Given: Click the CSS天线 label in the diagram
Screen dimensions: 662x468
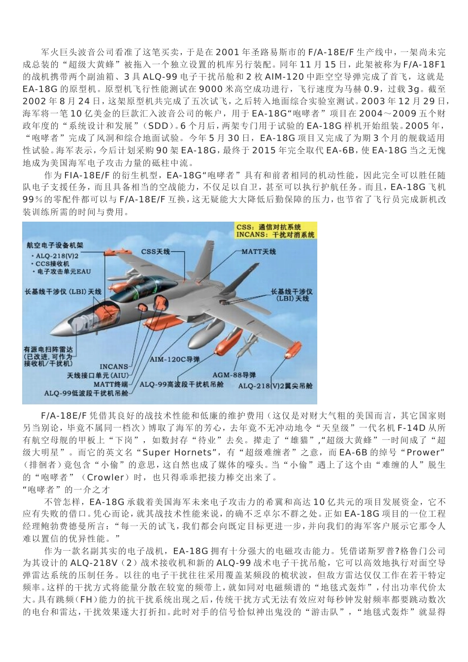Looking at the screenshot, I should tap(155, 252).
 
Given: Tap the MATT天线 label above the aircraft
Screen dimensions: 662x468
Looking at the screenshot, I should tap(259, 252).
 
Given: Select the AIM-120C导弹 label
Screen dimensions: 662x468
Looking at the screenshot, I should tap(174, 360).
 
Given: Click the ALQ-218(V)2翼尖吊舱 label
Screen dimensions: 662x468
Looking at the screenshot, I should tap(275, 386).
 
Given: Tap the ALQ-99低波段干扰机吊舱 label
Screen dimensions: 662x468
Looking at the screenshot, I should tap(86, 393).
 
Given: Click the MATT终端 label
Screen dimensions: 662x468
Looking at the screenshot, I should tap(111, 383).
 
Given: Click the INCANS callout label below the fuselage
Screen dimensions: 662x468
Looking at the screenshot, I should tap(114, 366).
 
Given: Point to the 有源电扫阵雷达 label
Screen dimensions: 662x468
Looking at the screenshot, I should tap(47, 349).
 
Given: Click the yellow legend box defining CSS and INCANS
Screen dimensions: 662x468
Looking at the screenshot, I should tap(275, 231).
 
